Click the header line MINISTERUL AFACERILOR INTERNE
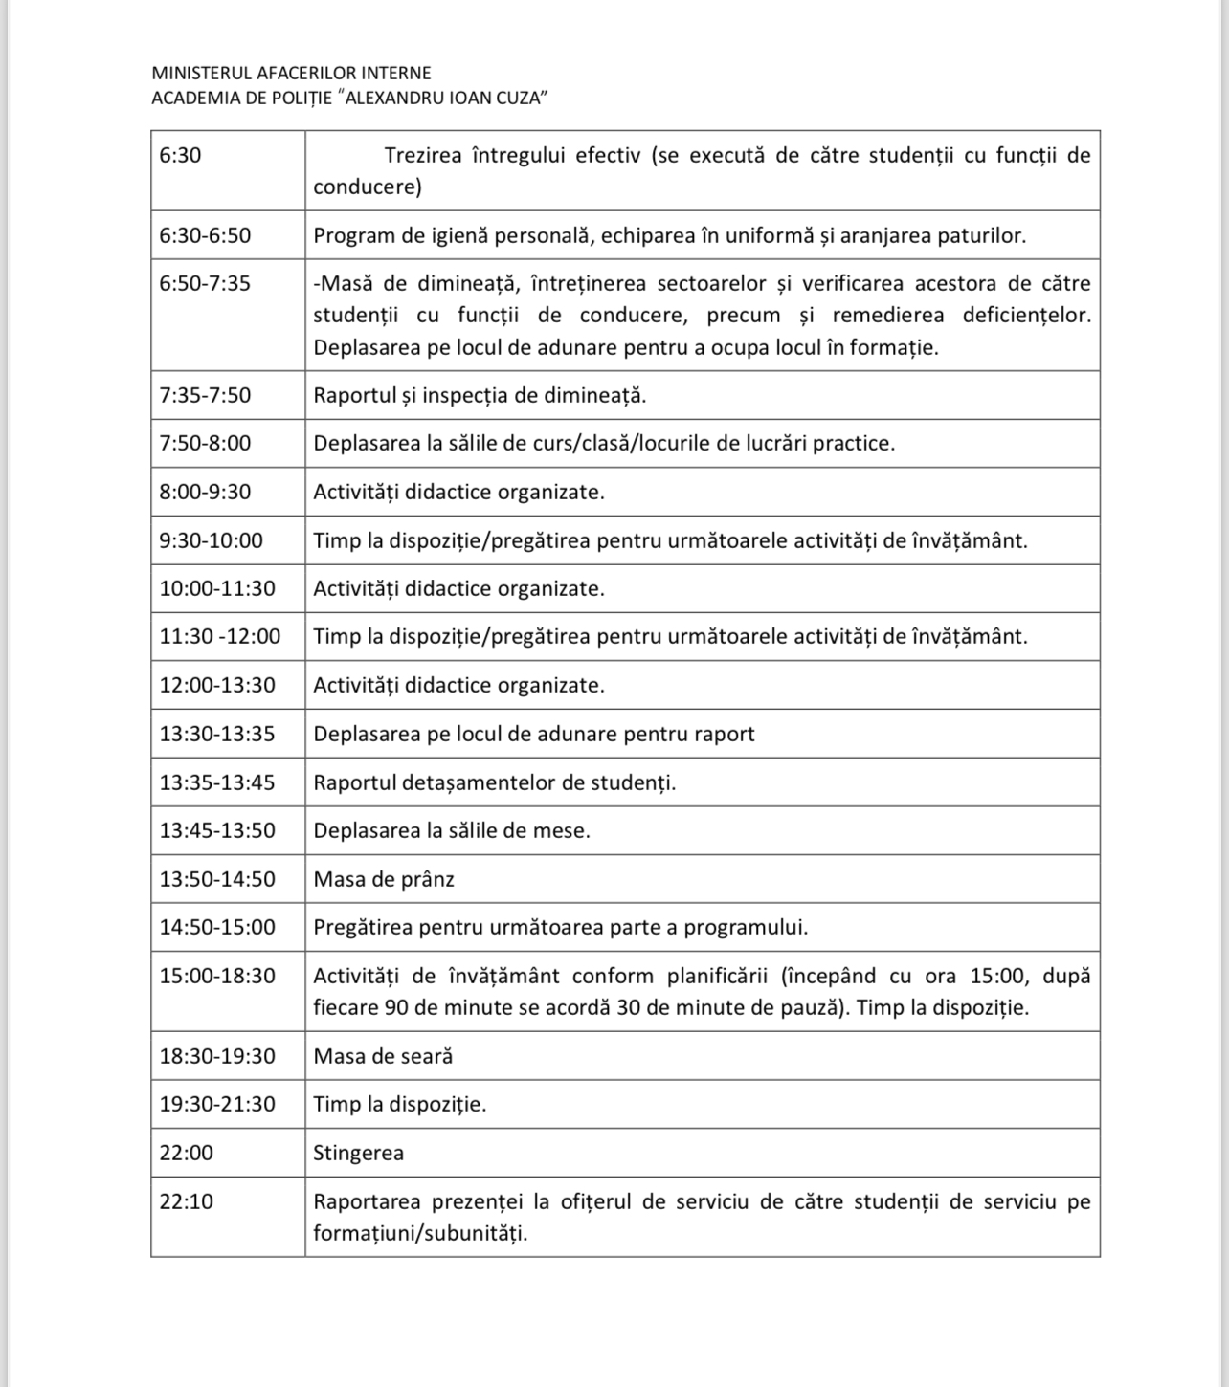click(291, 73)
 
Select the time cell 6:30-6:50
click(205, 235)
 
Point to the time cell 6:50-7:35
click(205, 284)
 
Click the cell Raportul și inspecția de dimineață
click(480, 395)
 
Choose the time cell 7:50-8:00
click(205, 444)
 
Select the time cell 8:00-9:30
click(205, 493)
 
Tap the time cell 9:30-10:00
click(211, 540)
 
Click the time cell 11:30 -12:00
click(220, 637)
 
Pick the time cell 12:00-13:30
click(217, 685)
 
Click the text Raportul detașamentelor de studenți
click(494, 782)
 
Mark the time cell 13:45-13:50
click(217, 830)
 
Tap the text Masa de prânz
click(384, 879)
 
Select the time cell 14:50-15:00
click(217, 927)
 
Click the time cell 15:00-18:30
click(217, 976)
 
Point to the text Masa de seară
click(383, 1056)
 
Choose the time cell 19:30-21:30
click(217, 1104)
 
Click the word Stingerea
click(358, 1153)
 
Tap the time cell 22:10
click(187, 1201)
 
